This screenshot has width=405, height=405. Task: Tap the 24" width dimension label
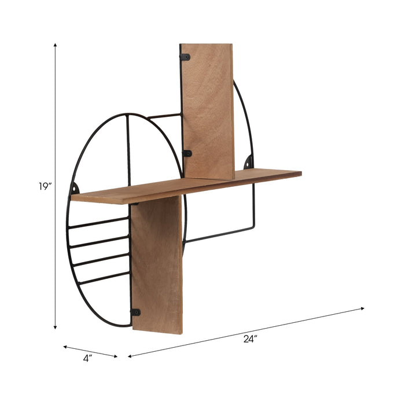point(250,340)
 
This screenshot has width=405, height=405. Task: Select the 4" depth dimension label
point(87,358)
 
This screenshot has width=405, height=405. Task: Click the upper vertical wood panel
point(208,110)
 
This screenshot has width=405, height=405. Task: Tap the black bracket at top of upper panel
point(185,57)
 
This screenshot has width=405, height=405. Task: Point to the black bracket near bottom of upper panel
point(187,153)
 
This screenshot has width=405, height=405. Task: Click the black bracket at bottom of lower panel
point(135,312)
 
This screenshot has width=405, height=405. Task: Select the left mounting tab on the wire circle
point(74,189)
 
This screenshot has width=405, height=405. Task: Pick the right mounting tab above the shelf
point(248,161)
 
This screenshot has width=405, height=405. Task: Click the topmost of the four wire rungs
point(98,223)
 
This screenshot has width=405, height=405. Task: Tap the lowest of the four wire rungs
point(104,278)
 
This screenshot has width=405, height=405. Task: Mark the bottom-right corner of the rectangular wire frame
point(253,228)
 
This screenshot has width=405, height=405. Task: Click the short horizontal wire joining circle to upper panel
point(165,116)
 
